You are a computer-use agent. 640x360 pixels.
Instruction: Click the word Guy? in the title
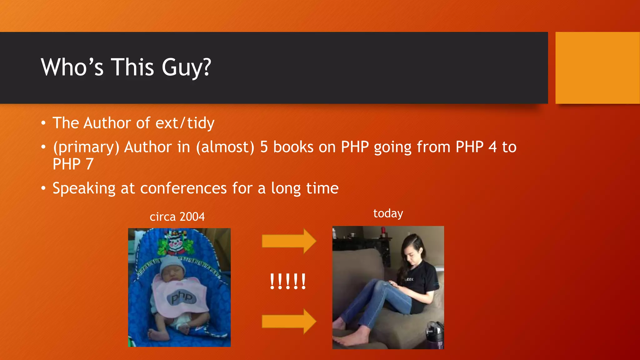186,67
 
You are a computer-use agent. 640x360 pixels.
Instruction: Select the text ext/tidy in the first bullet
185,123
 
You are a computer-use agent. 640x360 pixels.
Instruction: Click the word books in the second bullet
293,147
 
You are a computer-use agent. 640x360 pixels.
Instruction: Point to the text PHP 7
73,164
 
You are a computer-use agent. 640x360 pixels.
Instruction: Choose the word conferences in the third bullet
183,188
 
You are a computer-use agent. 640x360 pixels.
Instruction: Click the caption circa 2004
177,217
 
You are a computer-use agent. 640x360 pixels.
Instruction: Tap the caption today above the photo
388,213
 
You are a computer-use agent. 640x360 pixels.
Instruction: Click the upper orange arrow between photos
289,241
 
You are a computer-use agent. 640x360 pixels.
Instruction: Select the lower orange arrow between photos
289,321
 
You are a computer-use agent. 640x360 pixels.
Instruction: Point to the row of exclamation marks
288,282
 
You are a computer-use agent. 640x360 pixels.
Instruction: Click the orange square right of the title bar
597,67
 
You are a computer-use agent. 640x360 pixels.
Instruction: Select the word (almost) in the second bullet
225,147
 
